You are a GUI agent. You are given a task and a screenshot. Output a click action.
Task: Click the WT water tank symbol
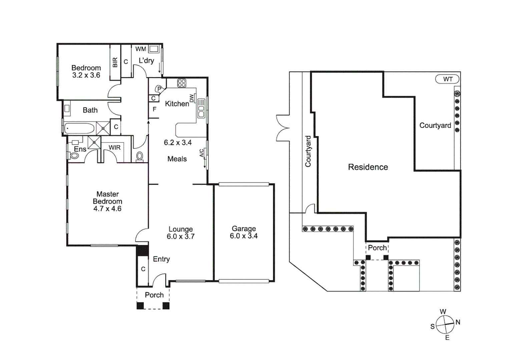pos(447,79)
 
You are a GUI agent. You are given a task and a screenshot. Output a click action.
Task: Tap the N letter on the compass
pos(458,322)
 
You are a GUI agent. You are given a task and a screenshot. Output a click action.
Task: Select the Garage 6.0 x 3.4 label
pos(243,232)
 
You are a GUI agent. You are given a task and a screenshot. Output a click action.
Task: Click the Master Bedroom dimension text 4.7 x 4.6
pos(107,209)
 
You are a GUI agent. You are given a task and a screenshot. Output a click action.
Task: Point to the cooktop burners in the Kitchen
pos(181,83)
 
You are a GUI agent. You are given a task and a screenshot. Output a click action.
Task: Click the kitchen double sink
pos(201,108)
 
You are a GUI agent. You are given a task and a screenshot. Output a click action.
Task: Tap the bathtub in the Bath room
pos(79,128)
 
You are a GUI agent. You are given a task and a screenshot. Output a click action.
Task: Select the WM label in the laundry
pos(140,49)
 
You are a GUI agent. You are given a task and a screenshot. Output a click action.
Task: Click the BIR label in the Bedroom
pos(115,62)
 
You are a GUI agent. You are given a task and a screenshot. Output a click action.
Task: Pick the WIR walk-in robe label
pos(114,147)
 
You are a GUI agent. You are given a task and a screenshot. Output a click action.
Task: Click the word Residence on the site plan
pos(368,167)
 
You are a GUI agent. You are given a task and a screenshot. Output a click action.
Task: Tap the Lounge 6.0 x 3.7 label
pos(180,233)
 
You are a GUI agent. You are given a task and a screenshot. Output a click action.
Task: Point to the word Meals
pos(177,159)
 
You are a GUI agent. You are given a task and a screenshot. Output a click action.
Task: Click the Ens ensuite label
pos(80,149)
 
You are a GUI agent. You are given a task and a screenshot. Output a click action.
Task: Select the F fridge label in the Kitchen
pos(154,109)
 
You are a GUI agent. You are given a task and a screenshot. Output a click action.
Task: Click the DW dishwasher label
pos(191,98)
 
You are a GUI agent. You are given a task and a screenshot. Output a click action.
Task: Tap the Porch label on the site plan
pos(377,248)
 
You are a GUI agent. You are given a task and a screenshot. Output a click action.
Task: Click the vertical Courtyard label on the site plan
pos(308,151)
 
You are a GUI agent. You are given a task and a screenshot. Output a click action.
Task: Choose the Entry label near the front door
pos(161,259)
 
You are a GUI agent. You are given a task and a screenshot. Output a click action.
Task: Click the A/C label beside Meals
pos(201,153)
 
